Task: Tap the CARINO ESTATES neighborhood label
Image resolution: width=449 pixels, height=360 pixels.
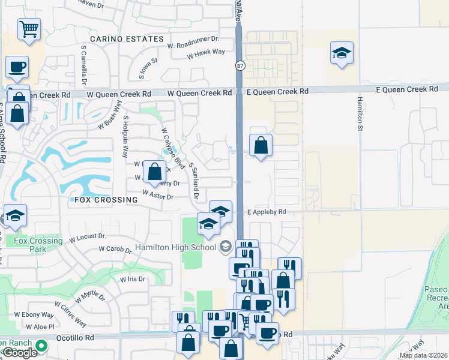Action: coord(127,39)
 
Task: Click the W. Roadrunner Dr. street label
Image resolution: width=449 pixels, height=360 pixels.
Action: coord(193,45)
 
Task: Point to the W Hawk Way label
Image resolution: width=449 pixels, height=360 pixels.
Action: coord(206,52)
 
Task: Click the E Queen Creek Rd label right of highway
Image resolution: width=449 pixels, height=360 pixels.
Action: coord(277,91)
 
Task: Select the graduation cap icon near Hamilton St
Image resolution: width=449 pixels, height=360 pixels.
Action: coord(342,53)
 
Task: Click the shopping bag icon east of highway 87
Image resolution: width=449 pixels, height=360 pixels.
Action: coord(261,145)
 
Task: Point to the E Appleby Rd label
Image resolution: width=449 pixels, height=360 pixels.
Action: coord(267,212)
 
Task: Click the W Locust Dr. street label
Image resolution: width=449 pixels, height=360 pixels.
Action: coord(88,238)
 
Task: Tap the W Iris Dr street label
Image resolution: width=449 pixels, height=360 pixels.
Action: coord(133,279)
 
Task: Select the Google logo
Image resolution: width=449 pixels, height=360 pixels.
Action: coord(19,353)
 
